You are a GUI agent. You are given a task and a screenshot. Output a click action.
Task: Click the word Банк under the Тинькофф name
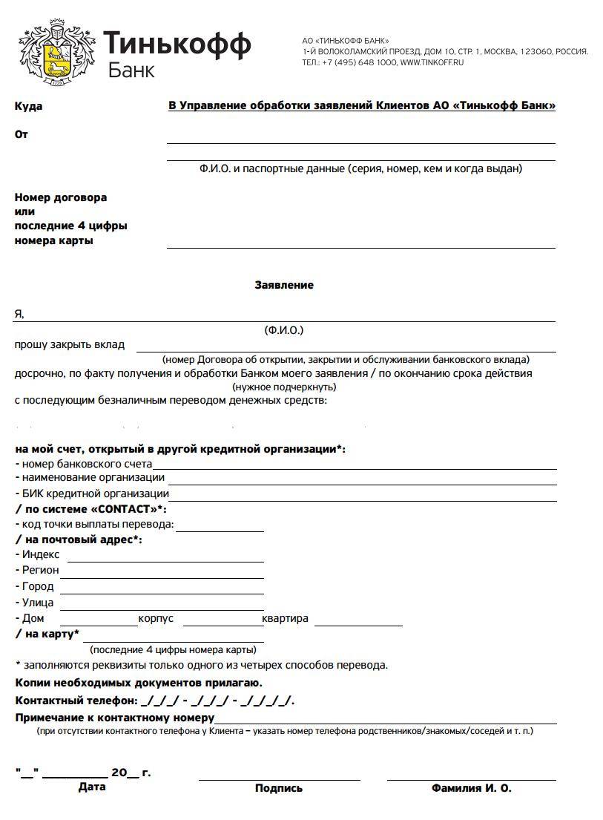click(x=131, y=70)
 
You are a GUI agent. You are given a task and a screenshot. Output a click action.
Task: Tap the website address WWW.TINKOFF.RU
click(x=432, y=63)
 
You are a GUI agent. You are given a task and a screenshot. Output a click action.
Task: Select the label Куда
click(x=28, y=106)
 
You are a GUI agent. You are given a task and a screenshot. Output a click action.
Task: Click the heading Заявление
click(x=284, y=285)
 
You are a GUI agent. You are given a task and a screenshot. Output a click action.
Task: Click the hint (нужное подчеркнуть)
click(x=284, y=387)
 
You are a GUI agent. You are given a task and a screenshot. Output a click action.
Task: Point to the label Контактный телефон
click(x=76, y=701)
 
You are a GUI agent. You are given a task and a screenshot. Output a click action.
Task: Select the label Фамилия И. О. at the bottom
click(x=471, y=788)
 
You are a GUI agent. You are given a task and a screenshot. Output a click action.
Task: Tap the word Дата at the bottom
click(x=92, y=787)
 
